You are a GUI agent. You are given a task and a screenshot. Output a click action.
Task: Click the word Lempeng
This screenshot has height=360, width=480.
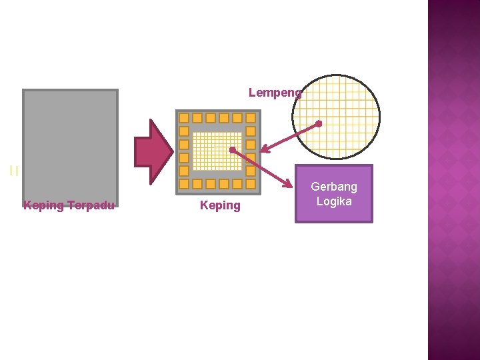(275, 93)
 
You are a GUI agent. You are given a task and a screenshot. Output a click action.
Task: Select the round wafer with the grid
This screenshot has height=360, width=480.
(336, 117)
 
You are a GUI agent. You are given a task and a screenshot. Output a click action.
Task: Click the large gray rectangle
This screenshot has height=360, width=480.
(70, 143)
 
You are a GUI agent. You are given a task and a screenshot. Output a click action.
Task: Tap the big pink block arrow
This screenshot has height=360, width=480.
(153, 151)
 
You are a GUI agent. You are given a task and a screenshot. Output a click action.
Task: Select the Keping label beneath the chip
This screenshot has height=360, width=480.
(220, 205)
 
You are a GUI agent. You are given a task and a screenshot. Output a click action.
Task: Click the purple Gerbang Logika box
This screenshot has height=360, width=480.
(334, 193)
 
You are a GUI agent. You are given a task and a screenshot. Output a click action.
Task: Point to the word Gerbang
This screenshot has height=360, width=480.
(334, 187)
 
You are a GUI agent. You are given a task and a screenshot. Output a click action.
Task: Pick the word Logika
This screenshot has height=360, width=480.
(334, 201)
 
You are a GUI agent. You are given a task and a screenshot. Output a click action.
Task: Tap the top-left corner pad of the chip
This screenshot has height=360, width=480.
(184, 118)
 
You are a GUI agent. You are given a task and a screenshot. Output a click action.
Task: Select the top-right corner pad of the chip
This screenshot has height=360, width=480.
(251, 118)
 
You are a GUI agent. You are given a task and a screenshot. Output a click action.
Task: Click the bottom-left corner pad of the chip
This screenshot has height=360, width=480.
(184, 184)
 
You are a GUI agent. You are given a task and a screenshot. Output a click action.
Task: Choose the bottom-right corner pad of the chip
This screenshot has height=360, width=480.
(251, 184)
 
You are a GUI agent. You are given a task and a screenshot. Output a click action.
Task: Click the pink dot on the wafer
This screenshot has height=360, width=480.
(319, 123)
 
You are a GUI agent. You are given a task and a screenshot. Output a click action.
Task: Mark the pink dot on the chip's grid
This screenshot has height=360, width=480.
(231, 149)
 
